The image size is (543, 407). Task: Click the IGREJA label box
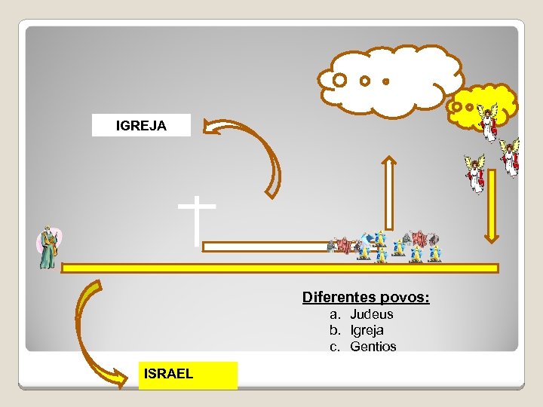(x=141, y=125)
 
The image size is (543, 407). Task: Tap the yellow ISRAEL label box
(x=188, y=375)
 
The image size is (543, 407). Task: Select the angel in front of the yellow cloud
(x=489, y=122)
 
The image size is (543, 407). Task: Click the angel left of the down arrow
(x=475, y=173)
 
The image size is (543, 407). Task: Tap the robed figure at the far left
(x=48, y=247)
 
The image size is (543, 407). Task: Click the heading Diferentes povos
(x=366, y=298)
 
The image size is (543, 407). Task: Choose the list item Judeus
(x=372, y=314)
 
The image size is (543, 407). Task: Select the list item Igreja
(x=367, y=330)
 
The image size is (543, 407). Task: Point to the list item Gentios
(x=373, y=347)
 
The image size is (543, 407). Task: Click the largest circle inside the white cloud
(x=340, y=79)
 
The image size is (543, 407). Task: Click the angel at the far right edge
(x=511, y=157)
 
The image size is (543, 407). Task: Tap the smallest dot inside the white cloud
(x=385, y=81)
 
